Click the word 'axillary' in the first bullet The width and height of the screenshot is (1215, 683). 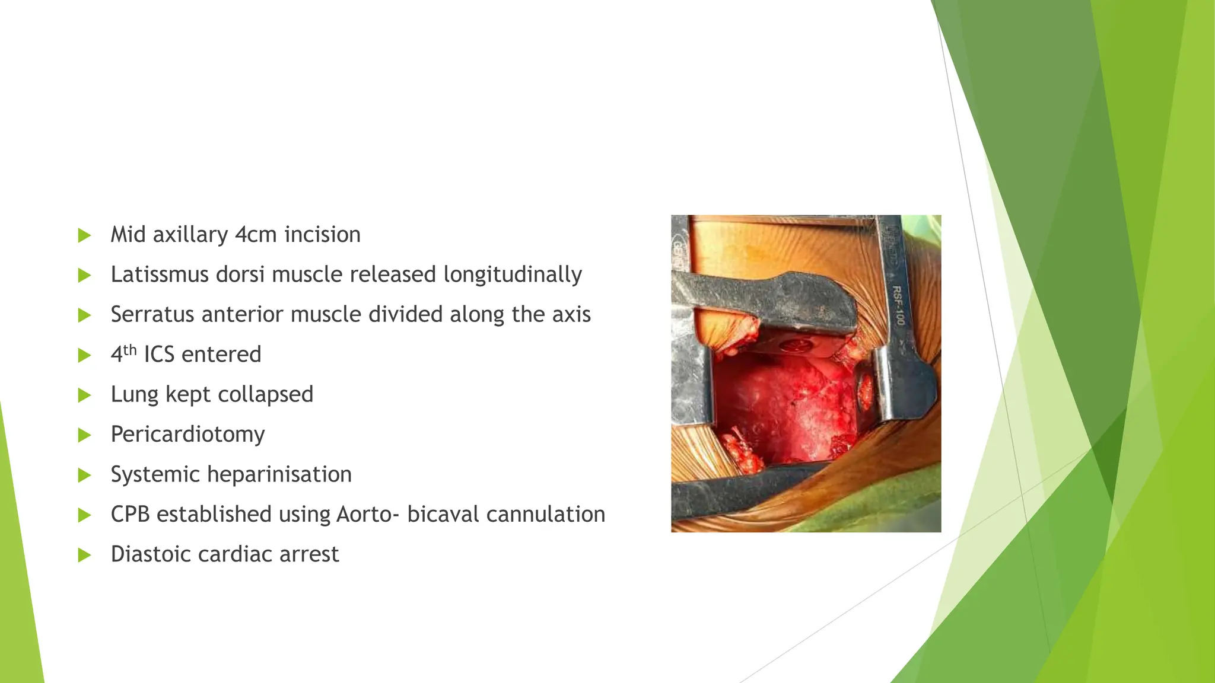(x=190, y=235)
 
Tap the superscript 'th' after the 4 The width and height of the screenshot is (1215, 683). (x=130, y=349)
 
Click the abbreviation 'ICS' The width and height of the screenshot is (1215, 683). (x=159, y=355)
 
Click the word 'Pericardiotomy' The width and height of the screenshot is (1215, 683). (x=187, y=435)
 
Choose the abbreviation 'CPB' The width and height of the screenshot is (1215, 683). (x=131, y=514)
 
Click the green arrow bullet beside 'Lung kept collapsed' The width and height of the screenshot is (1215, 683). (x=84, y=395)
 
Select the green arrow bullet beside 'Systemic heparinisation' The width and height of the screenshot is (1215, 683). (x=84, y=475)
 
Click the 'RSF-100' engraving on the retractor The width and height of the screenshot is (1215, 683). (x=898, y=305)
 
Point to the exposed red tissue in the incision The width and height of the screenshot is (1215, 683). (x=783, y=409)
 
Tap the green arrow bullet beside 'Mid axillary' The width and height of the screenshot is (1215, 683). (x=84, y=235)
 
